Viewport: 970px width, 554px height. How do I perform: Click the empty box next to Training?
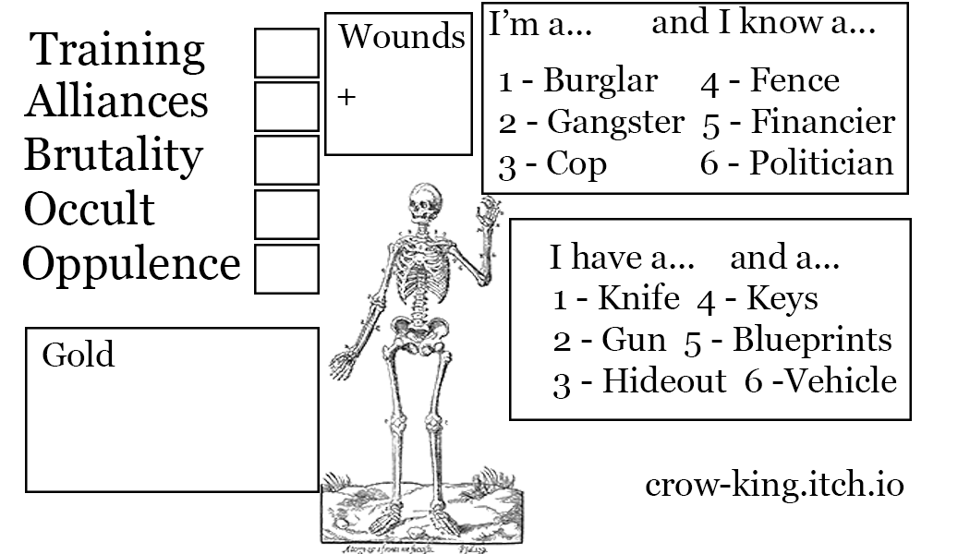tap(287, 54)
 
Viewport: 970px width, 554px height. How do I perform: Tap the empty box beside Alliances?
tap(287, 106)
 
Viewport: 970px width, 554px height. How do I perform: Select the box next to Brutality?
tap(287, 160)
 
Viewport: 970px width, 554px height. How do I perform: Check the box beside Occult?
tap(287, 214)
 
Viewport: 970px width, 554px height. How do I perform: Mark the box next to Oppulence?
tap(287, 269)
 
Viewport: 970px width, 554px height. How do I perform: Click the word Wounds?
tap(402, 36)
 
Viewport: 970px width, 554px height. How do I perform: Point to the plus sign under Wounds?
tap(347, 97)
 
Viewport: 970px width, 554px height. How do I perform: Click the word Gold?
tap(78, 355)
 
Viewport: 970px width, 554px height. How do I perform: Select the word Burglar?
tap(600, 81)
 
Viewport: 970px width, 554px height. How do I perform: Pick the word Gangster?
tap(615, 123)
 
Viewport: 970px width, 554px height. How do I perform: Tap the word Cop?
tap(576, 164)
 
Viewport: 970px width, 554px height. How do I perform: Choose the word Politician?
tap(822, 163)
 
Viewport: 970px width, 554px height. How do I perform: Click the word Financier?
tap(823, 121)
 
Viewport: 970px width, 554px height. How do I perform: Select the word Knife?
tap(639, 298)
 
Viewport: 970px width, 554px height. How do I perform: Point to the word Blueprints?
tap(812, 340)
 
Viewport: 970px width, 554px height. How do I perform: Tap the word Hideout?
tap(664, 380)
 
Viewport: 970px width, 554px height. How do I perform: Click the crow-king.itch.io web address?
tap(774, 485)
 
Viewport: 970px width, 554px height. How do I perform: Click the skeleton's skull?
tap(426, 200)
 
